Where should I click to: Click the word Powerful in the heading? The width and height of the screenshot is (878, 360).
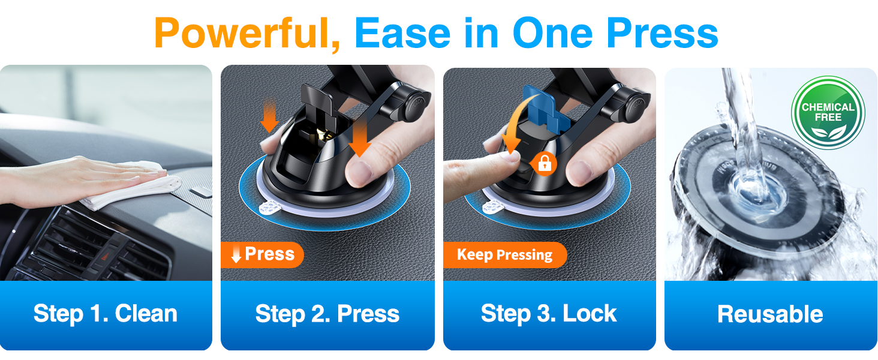[x=247, y=34]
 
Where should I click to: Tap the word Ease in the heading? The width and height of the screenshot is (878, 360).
[x=402, y=34]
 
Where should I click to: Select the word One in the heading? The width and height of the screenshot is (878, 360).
[x=552, y=34]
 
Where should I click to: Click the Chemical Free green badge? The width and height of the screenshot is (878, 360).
[x=828, y=113]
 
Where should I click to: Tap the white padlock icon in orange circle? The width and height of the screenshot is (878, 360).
[x=545, y=163]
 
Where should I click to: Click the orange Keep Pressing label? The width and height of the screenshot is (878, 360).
[x=505, y=255]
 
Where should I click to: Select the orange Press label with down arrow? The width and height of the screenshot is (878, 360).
[x=262, y=254]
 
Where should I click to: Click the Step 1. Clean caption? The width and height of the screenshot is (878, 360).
[x=106, y=314]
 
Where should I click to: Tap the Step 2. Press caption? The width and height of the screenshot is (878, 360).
[x=327, y=314]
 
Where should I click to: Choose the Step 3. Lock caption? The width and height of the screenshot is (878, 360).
[x=549, y=314]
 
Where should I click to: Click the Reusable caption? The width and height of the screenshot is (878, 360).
[x=770, y=314]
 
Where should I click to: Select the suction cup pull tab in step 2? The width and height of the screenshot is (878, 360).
[x=270, y=208]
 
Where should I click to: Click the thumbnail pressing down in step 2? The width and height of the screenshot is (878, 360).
[x=358, y=172]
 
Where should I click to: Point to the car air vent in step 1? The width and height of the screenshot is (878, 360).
[x=98, y=247]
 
